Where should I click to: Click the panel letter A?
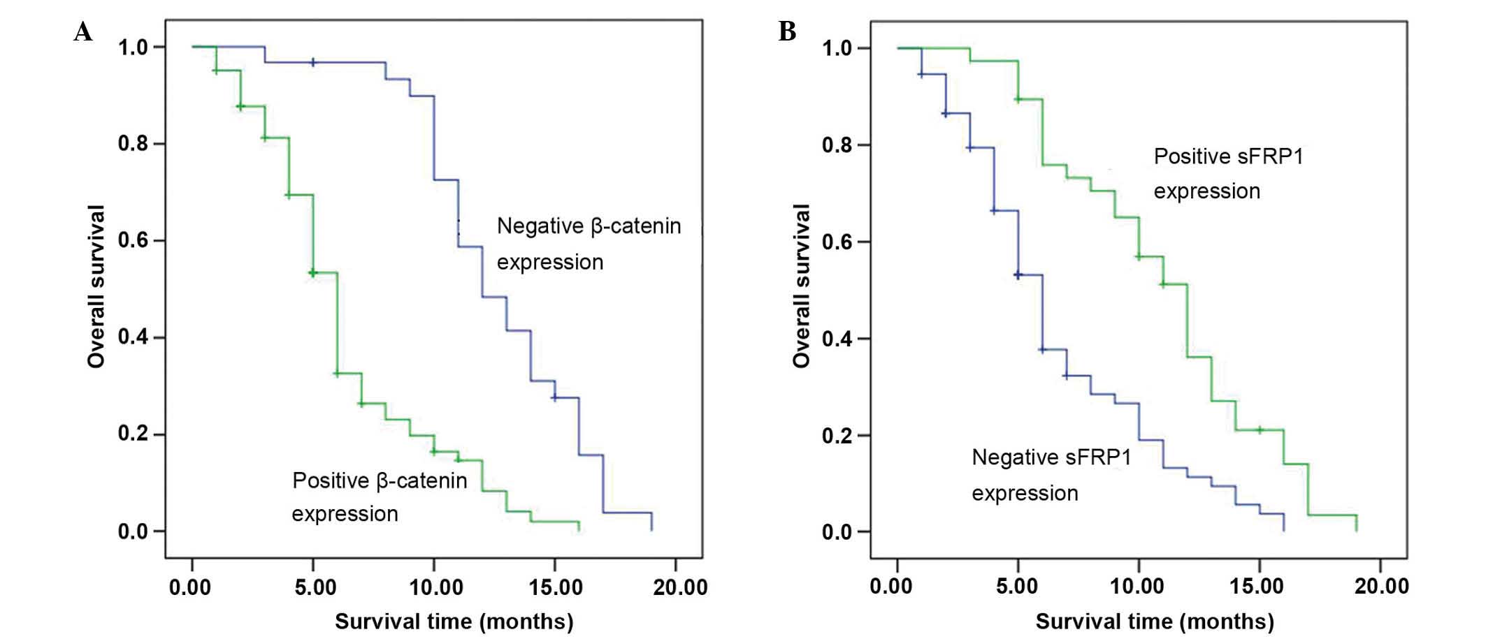(x=82, y=32)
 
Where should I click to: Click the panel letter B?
(x=787, y=32)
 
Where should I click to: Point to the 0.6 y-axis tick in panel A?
(x=133, y=241)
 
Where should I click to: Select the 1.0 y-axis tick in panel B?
(x=837, y=48)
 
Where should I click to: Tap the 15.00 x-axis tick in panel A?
(x=555, y=587)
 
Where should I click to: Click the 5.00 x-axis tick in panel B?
(x=1018, y=586)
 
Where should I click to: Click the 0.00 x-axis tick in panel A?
(x=190, y=587)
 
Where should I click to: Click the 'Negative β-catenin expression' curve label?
(x=589, y=244)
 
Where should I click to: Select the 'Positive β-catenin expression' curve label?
(x=379, y=497)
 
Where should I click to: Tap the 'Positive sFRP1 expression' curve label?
(x=1228, y=173)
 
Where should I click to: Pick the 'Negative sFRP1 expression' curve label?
(x=1051, y=475)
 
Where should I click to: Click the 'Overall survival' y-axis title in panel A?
(x=96, y=286)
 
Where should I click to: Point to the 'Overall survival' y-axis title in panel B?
(x=801, y=286)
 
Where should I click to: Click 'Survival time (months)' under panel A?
(x=454, y=621)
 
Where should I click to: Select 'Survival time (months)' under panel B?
(x=1155, y=621)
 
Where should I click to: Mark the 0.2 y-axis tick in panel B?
(x=837, y=436)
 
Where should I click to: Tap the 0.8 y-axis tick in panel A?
(x=133, y=144)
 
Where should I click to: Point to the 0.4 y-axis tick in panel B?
(x=837, y=339)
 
